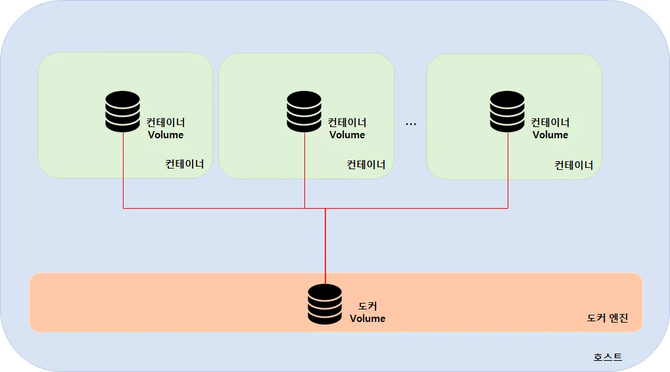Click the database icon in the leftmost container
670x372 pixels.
tap(123, 111)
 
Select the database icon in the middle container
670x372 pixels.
tap(304, 111)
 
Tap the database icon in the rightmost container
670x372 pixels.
tap(508, 111)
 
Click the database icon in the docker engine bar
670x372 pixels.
tap(325, 304)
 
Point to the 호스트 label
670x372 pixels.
tap(608, 357)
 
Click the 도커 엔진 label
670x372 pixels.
tap(608, 318)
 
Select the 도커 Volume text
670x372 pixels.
tap(368, 312)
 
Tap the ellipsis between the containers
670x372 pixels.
tap(411, 124)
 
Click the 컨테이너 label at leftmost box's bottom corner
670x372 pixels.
tap(185, 164)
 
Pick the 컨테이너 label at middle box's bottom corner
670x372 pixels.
tap(366, 164)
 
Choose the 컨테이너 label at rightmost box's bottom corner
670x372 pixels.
tap(574, 165)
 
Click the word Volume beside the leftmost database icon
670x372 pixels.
tap(166, 135)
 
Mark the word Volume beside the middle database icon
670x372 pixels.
tap(347, 135)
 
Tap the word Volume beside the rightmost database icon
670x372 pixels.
tap(550, 135)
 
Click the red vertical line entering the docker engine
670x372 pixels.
tap(325, 244)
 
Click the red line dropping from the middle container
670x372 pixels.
tap(304, 188)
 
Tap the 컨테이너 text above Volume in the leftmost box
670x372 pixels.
tap(166, 122)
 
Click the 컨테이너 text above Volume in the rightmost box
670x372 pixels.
tap(550, 122)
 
